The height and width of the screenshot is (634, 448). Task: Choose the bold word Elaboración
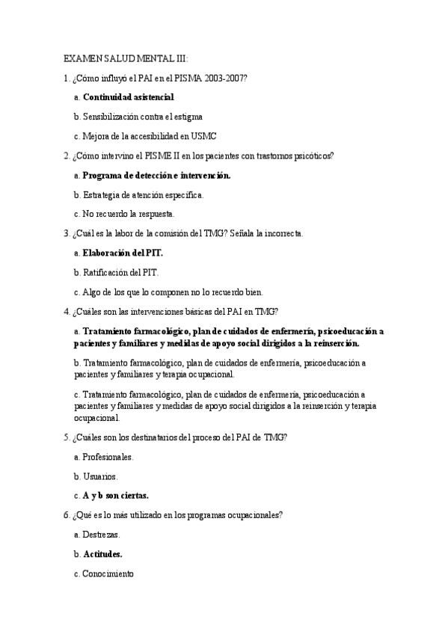(x=108, y=253)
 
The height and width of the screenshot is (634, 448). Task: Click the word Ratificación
(x=107, y=272)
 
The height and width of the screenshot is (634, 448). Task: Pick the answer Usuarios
(x=100, y=475)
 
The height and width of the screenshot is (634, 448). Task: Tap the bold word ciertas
(x=132, y=495)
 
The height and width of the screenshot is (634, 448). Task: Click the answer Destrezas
(x=102, y=534)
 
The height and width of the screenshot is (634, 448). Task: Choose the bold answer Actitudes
(x=103, y=554)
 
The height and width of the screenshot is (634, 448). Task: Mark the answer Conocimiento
(x=108, y=573)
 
